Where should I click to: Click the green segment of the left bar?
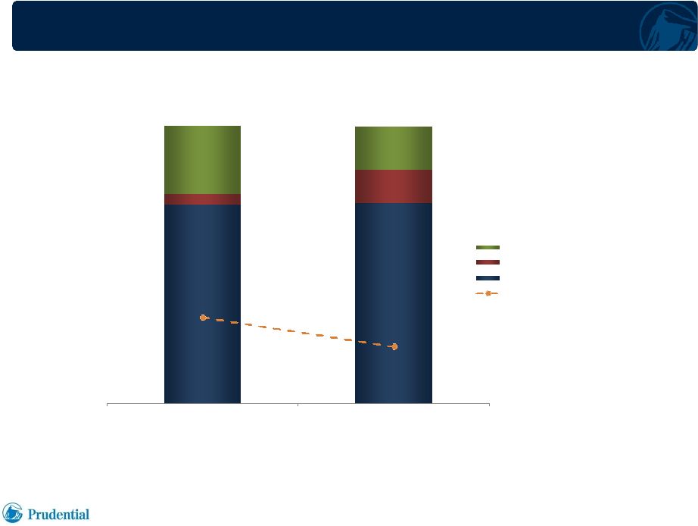coord(203,160)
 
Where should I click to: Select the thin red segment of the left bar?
coord(203,199)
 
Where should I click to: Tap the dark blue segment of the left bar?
coord(203,304)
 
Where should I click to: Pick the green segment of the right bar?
coord(394,148)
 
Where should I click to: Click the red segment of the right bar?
coord(394,186)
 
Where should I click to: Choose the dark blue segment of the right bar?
coord(394,303)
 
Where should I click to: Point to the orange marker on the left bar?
coord(203,318)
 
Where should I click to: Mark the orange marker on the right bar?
coord(394,346)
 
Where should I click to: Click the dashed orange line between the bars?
coord(299,332)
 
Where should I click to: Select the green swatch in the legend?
coord(488,247)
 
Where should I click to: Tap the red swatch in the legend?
coord(488,262)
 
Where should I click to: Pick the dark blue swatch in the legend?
coord(488,278)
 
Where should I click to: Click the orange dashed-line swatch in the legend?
coord(488,293)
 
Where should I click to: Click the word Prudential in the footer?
coord(58,515)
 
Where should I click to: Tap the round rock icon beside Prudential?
coord(12,512)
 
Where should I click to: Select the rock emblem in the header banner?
coord(668,27)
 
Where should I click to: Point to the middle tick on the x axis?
coord(298,405)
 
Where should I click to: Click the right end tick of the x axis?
coord(489,405)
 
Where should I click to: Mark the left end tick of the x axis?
coord(108,405)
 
